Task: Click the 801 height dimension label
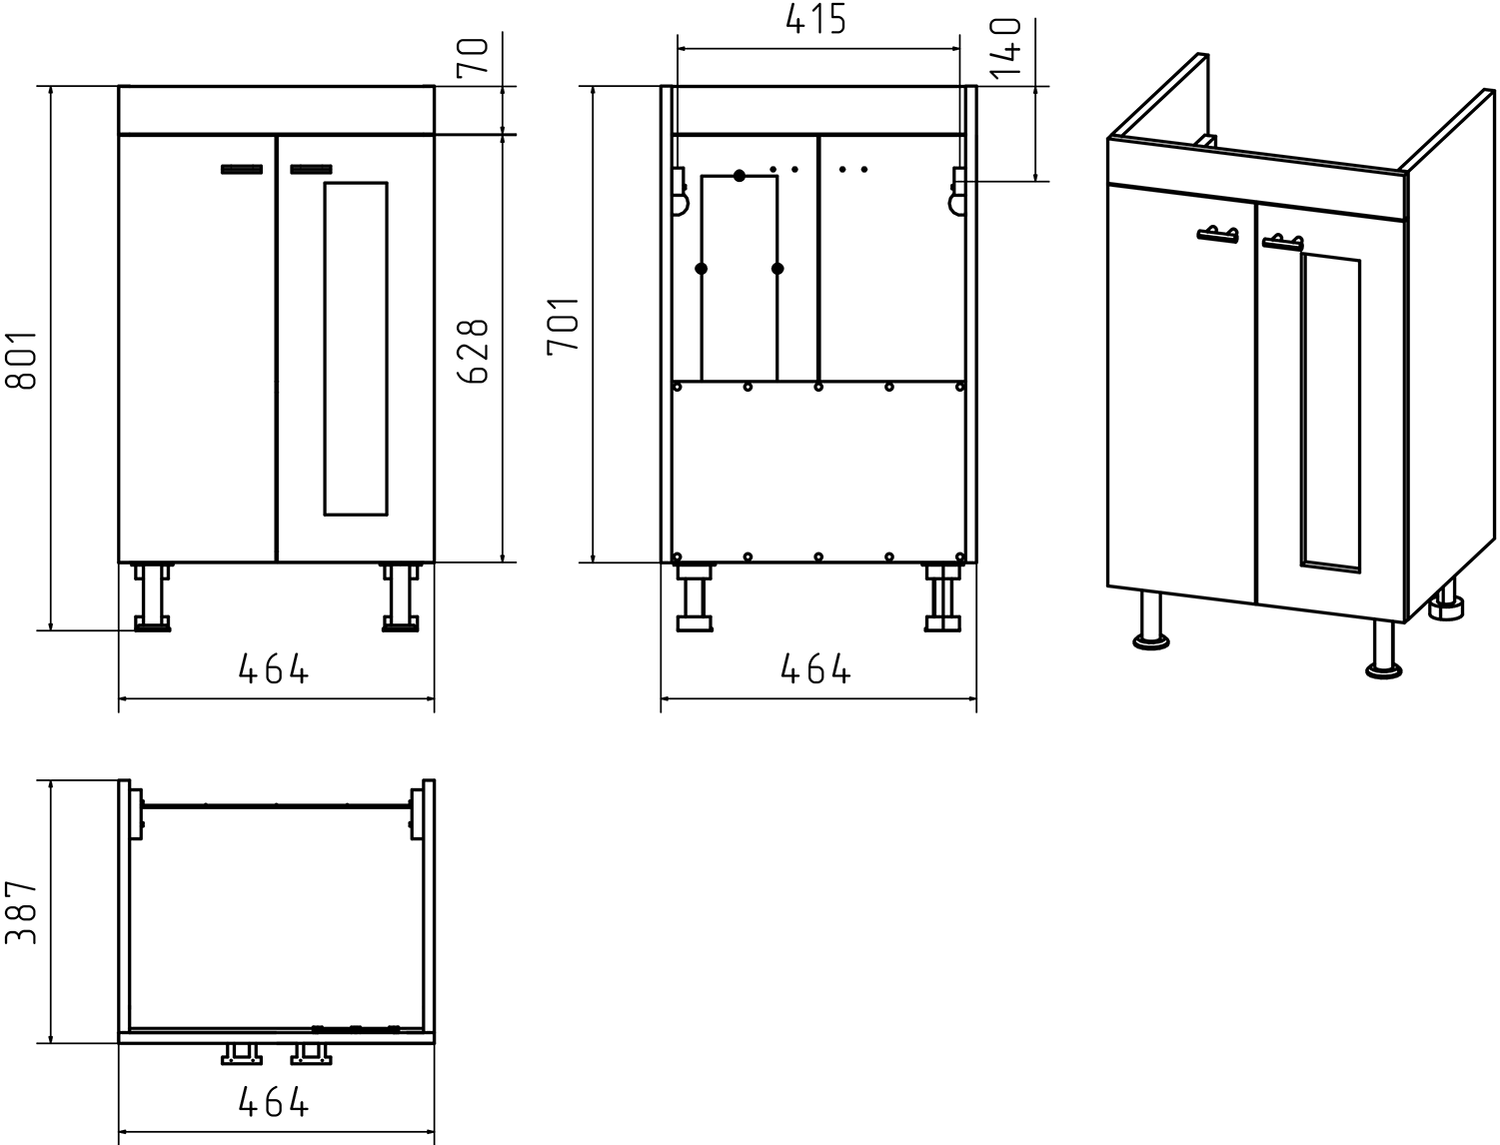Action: click(21, 360)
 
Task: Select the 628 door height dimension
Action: click(473, 351)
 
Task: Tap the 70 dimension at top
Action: click(473, 56)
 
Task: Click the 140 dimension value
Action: click(1004, 49)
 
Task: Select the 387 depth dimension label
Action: click(21, 912)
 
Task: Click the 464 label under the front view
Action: click(274, 668)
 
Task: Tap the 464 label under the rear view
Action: click(815, 668)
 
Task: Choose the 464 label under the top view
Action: click(274, 1102)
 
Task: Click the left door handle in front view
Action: click(242, 170)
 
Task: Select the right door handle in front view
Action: click(312, 170)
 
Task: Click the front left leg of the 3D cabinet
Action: click(1151, 620)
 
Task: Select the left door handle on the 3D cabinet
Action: click(1218, 235)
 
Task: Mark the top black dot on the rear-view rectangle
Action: click(740, 176)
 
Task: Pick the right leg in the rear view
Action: click(943, 597)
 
